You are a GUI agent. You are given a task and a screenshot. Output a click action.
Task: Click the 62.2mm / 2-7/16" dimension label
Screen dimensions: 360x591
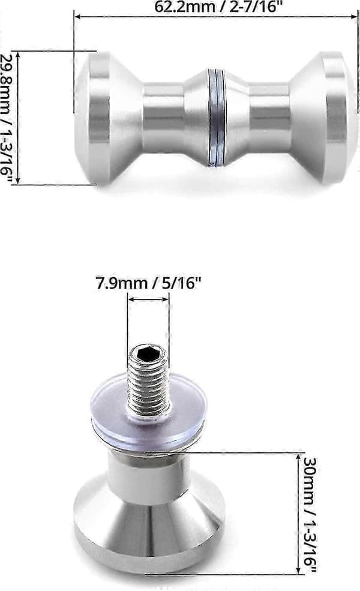[216, 6]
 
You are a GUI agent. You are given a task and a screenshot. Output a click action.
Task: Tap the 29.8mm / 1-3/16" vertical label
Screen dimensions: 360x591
[7, 118]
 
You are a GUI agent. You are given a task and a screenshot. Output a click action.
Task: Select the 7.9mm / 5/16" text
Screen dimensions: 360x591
[147, 283]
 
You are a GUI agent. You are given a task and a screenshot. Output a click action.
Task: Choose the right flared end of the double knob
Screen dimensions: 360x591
[323, 118]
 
